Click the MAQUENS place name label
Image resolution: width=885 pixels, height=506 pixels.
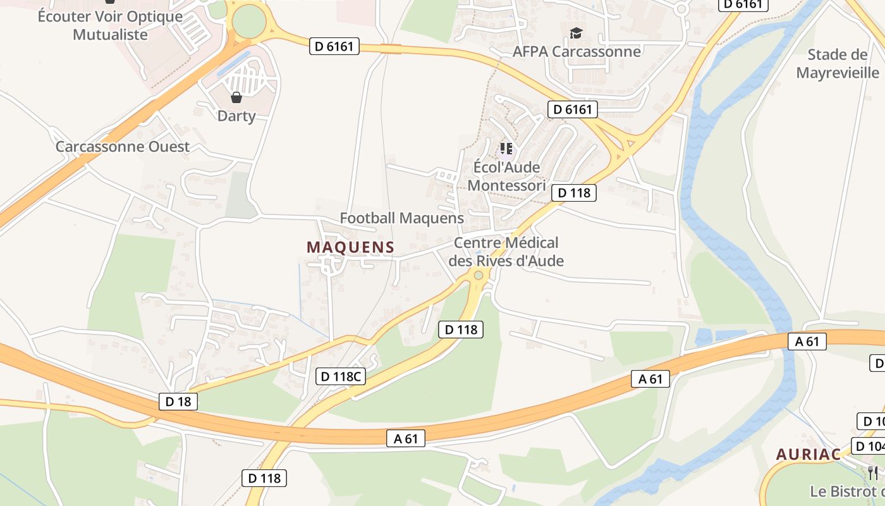click(x=350, y=247)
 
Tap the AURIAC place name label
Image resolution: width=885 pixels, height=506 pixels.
click(x=808, y=454)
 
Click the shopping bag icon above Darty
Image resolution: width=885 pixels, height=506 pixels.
click(x=236, y=97)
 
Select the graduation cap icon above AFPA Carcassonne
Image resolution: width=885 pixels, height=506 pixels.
click(x=576, y=33)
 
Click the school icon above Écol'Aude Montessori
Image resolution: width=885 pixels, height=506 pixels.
click(x=506, y=149)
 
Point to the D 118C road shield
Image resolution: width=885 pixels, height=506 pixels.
click(x=341, y=376)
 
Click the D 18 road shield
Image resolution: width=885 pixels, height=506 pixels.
click(x=178, y=401)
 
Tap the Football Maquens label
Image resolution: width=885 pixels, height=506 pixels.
click(x=401, y=218)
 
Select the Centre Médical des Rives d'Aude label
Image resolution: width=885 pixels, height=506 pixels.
click(x=506, y=252)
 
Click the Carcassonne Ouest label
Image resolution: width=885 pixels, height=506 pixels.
click(x=123, y=147)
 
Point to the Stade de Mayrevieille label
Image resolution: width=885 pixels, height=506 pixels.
click(x=838, y=63)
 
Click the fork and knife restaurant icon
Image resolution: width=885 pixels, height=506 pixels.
click(x=872, y=472)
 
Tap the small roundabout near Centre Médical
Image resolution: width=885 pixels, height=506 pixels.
click(x=479, y=275)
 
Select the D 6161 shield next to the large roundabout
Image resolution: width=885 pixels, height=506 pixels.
click(x=334, y=46)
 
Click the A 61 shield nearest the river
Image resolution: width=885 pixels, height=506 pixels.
click(x=807, y=342)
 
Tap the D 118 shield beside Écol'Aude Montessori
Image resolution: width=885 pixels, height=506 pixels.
click(x=574, y=192)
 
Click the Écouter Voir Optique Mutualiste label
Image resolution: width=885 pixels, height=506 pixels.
click(x=110, y=25)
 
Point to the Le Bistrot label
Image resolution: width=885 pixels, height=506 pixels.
click(x=847, y=491)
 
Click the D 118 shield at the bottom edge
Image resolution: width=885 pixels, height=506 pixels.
click(x=264, y=478)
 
